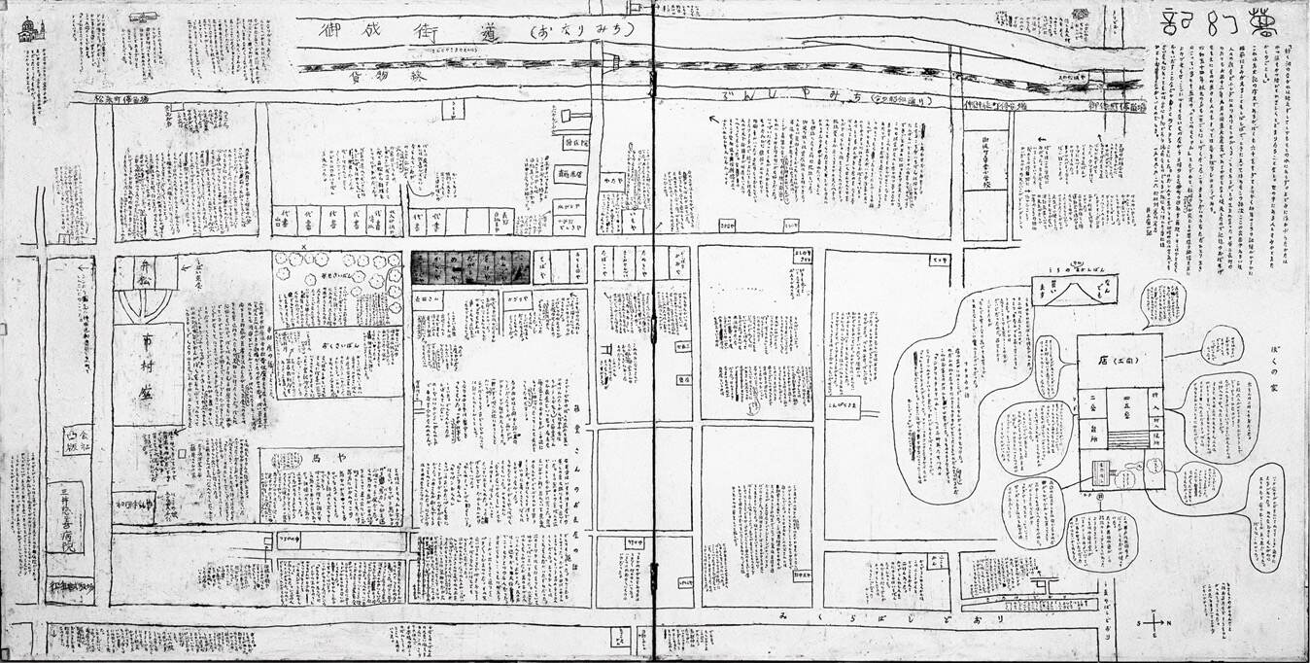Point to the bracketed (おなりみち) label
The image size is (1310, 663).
(x=580, y=30)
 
